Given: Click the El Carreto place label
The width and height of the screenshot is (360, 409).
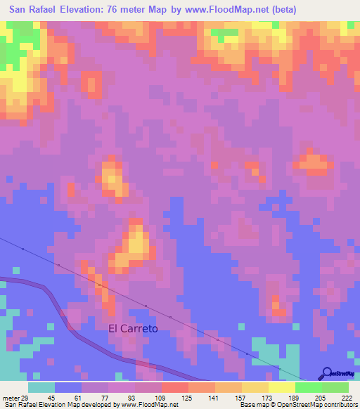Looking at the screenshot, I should coord(132,328).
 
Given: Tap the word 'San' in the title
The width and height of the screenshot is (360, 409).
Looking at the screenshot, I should coord(19,10).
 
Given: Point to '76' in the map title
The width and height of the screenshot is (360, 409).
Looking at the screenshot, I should coord(130,10).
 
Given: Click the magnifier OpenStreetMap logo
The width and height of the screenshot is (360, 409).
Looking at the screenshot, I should coord(327,374).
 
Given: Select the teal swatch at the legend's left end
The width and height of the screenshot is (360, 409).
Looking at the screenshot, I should coord(41,387).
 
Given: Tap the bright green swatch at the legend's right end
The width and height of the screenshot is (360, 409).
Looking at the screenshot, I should coord(335,387).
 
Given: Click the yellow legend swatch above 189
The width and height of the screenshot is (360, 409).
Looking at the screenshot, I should coord(281,387).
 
